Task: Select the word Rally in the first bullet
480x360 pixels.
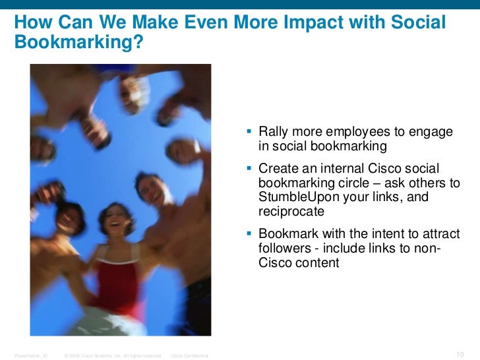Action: coord(274,133)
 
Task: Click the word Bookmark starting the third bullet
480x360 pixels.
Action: coord(288,235)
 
